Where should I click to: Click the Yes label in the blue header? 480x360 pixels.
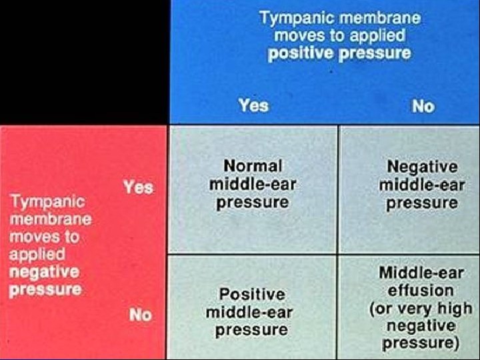pos(253,105)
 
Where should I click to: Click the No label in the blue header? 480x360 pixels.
pos(423,106)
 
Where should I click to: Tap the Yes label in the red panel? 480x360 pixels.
pos(138,187)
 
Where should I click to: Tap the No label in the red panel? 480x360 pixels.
pos(140,314)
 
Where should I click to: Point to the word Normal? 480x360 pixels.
pos(253,165)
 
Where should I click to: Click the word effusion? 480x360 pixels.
pos(420,291)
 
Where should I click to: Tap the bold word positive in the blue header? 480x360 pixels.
pos(299,53)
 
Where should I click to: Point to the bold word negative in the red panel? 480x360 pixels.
pos(45,272)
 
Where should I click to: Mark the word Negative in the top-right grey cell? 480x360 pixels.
pos(422,166)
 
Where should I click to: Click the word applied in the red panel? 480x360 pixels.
pos(37,254)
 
